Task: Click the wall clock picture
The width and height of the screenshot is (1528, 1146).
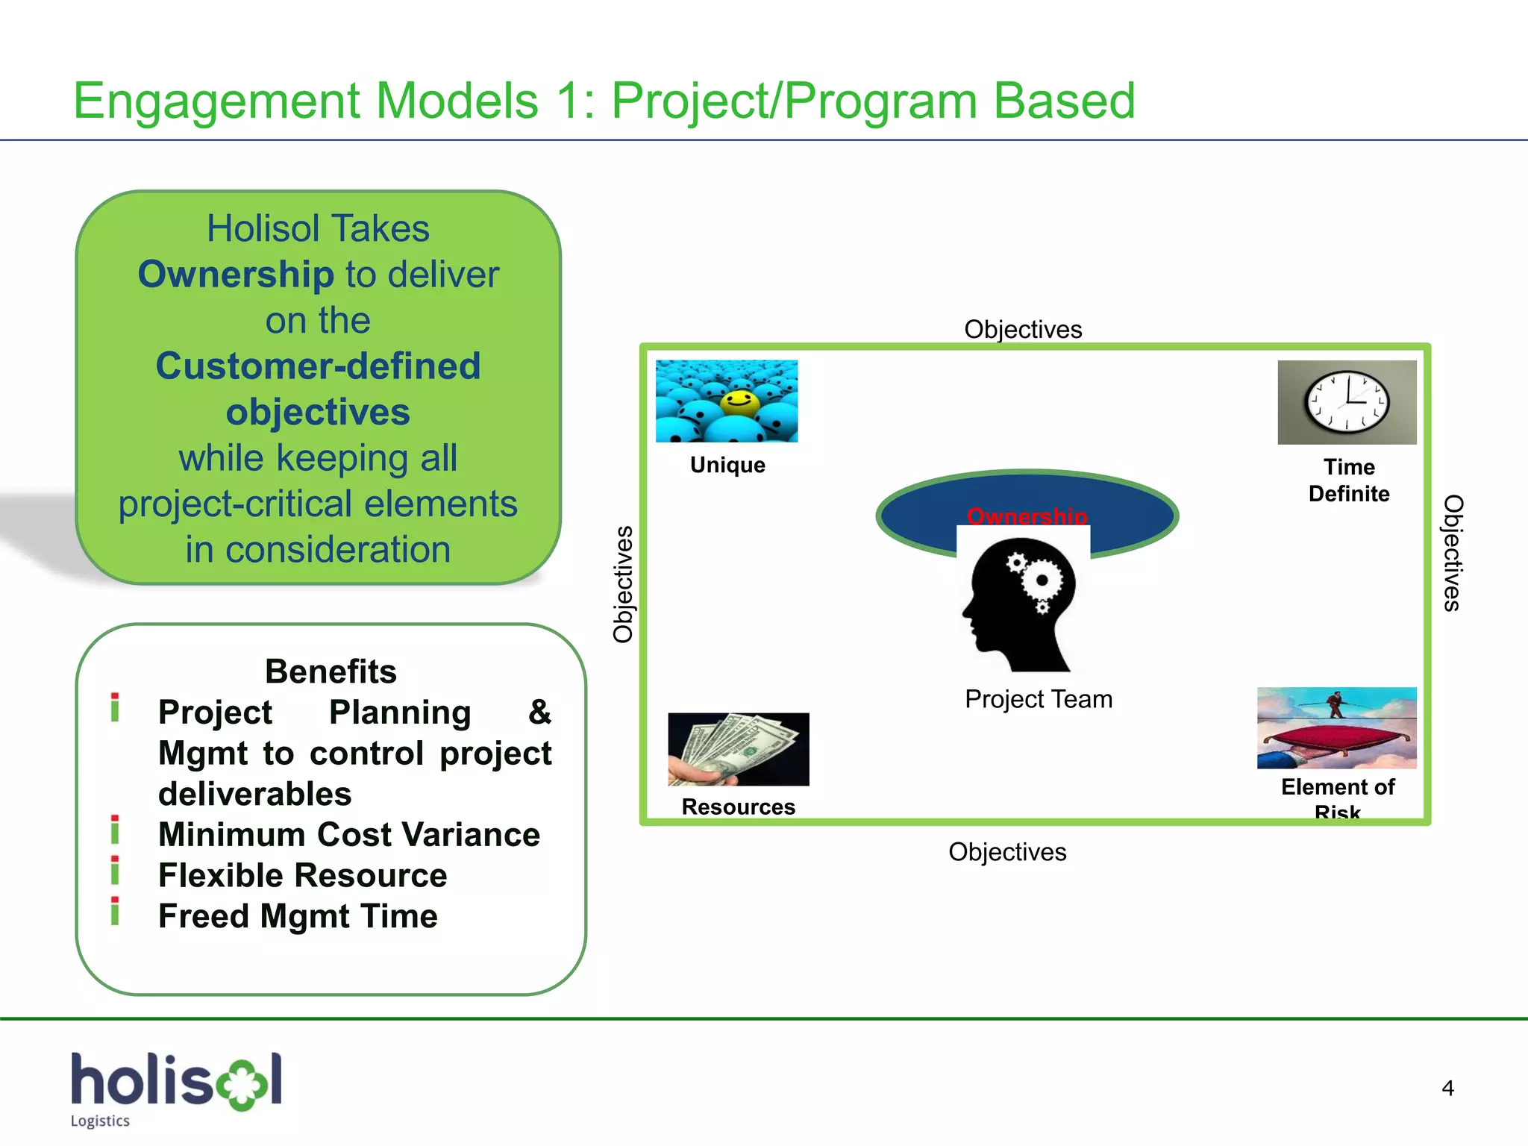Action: [1347, 402]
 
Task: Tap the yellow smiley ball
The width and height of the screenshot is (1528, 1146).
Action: [739, 402]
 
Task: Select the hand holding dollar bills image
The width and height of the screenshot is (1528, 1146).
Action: [738, 749]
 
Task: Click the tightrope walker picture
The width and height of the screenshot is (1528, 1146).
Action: [1336, 727]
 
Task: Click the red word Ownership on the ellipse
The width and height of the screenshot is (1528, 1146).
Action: [1027, 516]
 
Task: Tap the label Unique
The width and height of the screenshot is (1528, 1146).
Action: [727, 465]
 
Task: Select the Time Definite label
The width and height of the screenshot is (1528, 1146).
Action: [1349, 480]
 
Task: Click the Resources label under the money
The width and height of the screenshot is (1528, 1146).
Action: [738, 807]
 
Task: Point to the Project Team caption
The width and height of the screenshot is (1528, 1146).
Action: [1038, 699]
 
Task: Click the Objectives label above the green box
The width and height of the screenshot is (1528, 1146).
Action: [1022, 329]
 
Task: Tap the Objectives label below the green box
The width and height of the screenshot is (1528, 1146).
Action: [1007, 852]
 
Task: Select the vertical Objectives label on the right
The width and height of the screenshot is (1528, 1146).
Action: [1452, 553]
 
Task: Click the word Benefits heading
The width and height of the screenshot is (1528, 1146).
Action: [331, 671]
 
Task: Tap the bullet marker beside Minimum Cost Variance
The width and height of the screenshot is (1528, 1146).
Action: [115, 830]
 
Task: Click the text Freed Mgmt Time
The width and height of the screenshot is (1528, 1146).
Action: [298, 916]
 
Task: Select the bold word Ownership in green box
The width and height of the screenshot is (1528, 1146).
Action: [236, 275]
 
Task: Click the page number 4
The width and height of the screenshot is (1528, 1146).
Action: [1447, 1089]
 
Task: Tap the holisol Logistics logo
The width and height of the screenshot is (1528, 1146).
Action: [176, 1088]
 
